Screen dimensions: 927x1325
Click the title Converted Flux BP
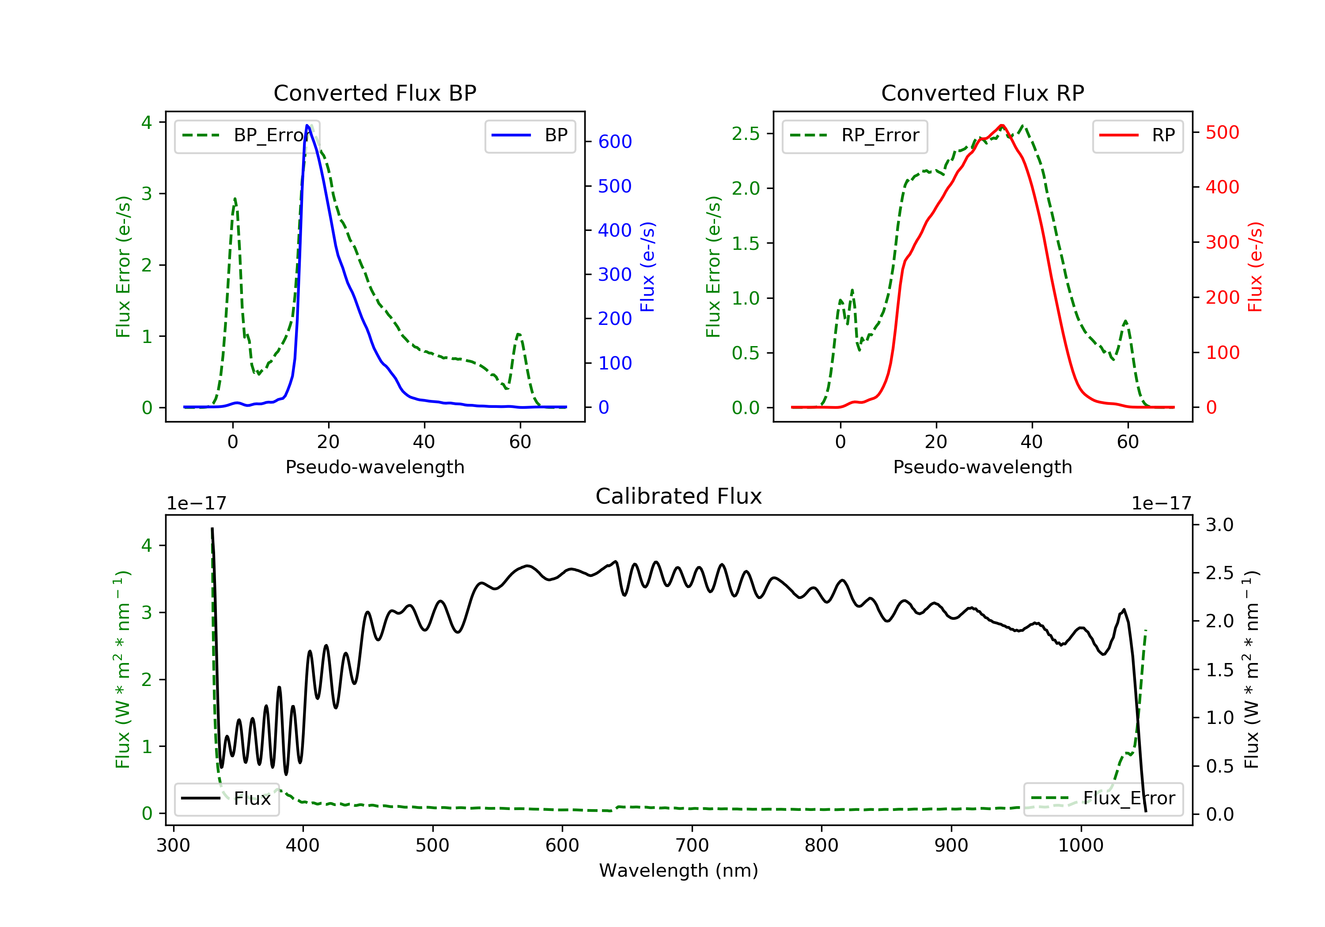pyautogui.click(x=375, y=93)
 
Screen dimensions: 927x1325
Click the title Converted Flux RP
pyautogui.click(x=982, y=93)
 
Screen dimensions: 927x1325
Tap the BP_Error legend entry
pyautogui.click(x=247, y=136)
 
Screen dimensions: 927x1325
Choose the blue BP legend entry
pyautogui.click(x=530, y=136)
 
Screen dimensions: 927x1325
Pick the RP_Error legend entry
pyautogui.click(x=855, y=136)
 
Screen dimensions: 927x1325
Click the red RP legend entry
pyautogui.click(x=1137, y=136)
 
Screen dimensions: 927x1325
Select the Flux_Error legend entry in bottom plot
pyautogui.click(x=1103, y=799)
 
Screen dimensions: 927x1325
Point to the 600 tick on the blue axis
pyautogui.click(x=615, y=142)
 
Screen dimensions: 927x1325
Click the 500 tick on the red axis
pyautogui.click(x=1222, y=133)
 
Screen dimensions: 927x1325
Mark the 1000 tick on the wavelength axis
pyautogui.click(x=1080, y=846)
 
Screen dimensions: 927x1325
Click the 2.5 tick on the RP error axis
pyautogui.click(x=746, y=134)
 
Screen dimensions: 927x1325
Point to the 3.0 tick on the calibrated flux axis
pyautogui.click(x=1219, y=525)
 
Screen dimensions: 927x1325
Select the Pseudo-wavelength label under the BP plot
pyautogui.click(x=375, y=467)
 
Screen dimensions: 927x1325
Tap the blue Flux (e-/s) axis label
pyautogui.click(x=647, y=267)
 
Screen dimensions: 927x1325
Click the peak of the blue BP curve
pyautogui.click(x=307, y=126)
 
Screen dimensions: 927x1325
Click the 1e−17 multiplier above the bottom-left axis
pyautogui.click(x=196, y=504)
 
